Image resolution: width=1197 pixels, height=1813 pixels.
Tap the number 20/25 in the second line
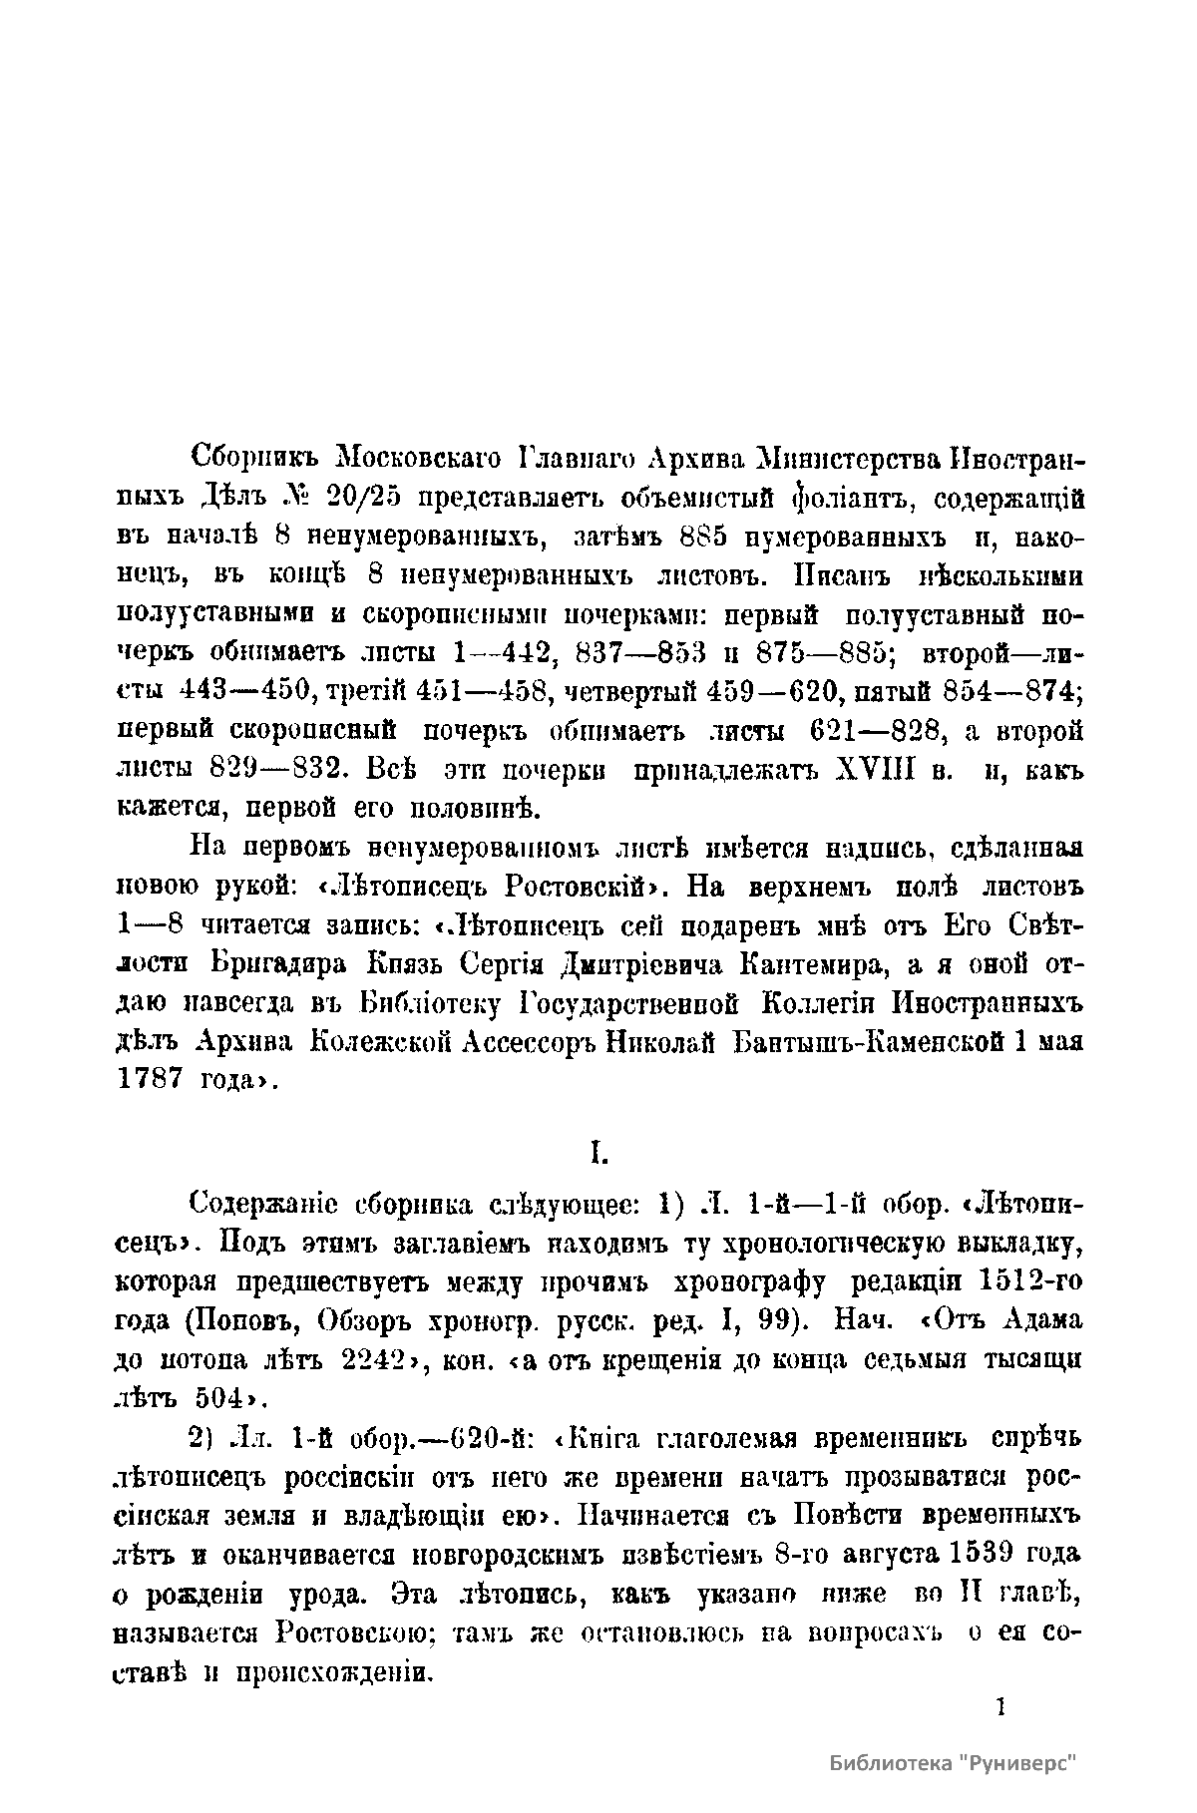(x=355, y=498)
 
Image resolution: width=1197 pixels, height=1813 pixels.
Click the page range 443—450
(x=241, y=691)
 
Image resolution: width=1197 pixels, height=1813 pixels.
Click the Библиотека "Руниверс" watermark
(x=955, y=1764)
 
